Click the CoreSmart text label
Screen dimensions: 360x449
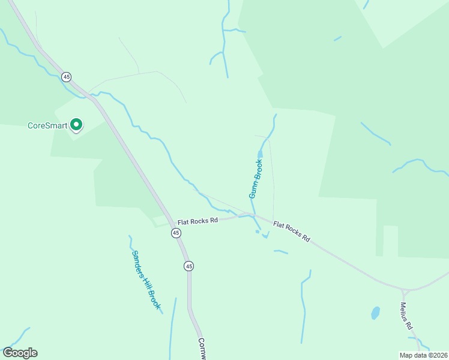47,126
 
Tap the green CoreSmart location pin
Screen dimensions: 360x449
76,124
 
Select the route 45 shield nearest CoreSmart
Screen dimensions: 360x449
67,76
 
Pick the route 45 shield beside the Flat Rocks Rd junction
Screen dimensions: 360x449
175,233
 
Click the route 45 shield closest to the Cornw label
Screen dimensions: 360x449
189,266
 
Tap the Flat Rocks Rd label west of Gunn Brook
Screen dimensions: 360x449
197,221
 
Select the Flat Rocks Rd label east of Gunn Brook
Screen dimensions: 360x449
292,232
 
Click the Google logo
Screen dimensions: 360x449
20,353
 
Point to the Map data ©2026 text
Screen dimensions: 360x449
423,355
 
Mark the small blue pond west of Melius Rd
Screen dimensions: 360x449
375,313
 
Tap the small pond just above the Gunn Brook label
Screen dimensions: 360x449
260,155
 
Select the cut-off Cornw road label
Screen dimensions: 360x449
202,348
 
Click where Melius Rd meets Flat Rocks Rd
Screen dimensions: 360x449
405,291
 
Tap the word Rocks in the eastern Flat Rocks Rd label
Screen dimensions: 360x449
294,232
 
